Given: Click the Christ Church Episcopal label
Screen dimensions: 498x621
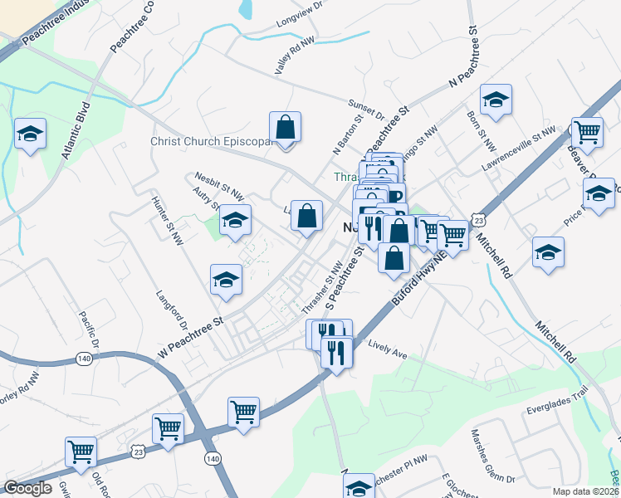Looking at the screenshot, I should [212, 141].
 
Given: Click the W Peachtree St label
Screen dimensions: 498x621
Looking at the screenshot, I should [191, 336].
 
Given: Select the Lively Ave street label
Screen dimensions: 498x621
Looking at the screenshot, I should [388, 350].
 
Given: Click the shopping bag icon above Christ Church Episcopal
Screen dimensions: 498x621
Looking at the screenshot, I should [285, 129].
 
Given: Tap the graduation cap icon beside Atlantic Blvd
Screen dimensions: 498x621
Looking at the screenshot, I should [31, 134].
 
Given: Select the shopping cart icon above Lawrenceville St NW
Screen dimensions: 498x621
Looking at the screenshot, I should [588, 132].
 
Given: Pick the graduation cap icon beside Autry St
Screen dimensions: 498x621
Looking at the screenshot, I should [235, 221].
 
